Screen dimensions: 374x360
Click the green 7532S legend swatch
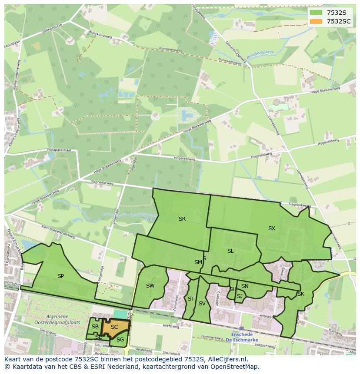(x=317, y=13)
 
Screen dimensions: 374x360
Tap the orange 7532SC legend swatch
(x=317, y=21)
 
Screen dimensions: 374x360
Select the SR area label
(x=182, y=219)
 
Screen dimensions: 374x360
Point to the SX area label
(x=272, y=228)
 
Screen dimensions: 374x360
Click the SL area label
(x=230, y=251)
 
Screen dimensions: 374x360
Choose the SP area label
(x=60, y=276)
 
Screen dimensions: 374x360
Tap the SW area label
(x=150, y=285)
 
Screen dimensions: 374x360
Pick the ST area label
(x=191, y=298)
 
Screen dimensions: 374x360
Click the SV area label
(x=202, y=304)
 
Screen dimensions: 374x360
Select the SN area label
(x=245, y=286)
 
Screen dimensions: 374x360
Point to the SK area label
(x=301, y=294)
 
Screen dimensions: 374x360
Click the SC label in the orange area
(x=114, y=327)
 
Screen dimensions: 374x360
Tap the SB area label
(x=95, y=327)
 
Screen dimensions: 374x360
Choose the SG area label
(x=120, y=339)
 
